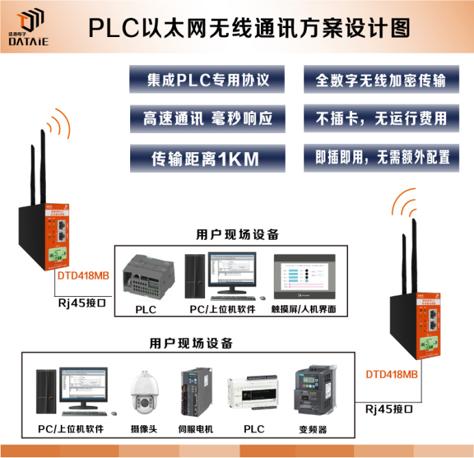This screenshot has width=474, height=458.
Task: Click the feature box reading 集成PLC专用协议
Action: click(x=208, y=80)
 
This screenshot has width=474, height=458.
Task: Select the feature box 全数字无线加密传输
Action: click(x=381, y=80)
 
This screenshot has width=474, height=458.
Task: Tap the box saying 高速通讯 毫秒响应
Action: click(x=208, y=119)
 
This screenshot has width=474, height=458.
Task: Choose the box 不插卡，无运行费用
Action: click(x=381, y=119)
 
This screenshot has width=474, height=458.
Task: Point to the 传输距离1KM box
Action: click(x=208, y=158)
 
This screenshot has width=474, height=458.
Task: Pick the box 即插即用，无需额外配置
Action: click(x=381, y=158)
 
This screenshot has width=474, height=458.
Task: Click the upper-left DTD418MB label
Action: click(x=82, y=276)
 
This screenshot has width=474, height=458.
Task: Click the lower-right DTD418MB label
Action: click(x=391, y=374)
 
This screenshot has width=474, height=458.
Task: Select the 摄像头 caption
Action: click(x=144, y=429)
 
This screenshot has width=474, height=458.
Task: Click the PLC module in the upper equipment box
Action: click(x=145, y=275)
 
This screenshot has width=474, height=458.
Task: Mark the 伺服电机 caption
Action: click(x=195, y=429)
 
